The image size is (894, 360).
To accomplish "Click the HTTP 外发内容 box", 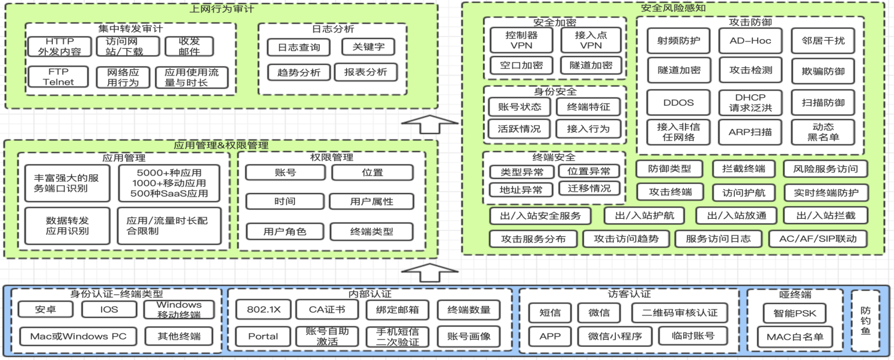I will tap(59, 46).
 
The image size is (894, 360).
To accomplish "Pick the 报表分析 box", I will tap(365, 72).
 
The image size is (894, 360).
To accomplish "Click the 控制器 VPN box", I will tap(521, 40).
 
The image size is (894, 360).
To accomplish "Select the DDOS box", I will tap(678, 102).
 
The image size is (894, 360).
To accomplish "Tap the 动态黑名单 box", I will tap(823, 132).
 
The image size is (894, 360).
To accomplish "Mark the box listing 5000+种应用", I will tap(169, 183).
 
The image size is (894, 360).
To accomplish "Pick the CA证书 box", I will tap(327, 310).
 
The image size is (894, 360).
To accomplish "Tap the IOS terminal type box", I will tap(109, 310).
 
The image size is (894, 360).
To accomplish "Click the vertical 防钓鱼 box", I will tap(865, 321).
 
